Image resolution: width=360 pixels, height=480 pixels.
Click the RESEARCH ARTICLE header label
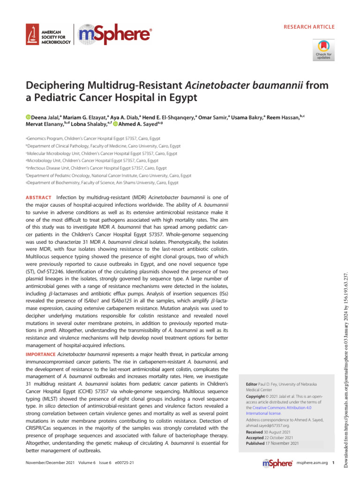(309, 27)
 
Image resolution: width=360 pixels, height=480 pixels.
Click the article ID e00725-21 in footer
(121, 463)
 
